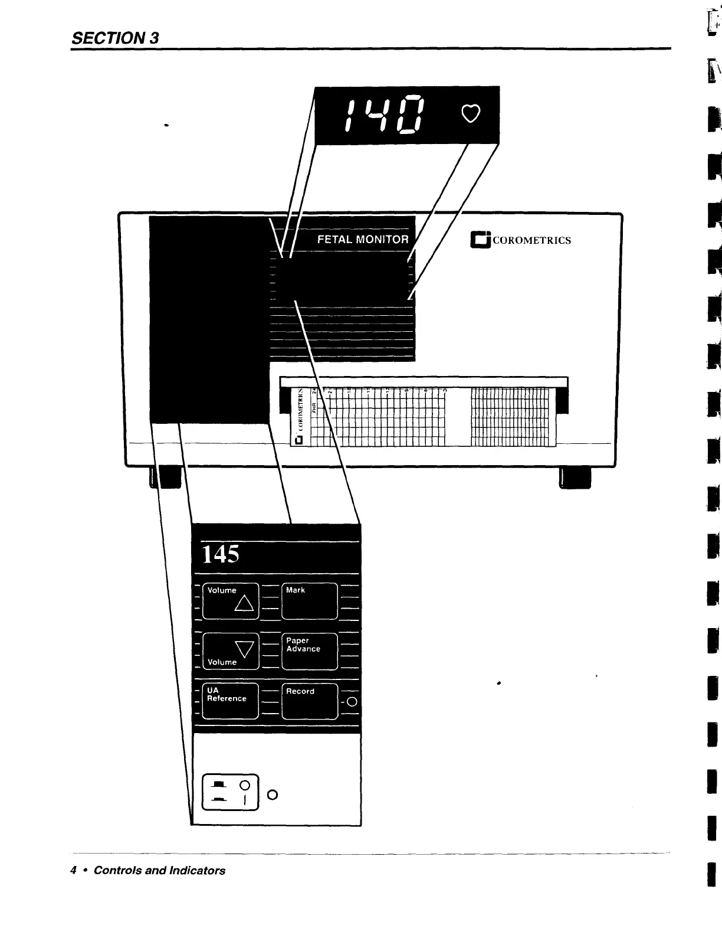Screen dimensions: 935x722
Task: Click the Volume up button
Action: pos(231,600)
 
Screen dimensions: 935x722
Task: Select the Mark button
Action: pos(310,600)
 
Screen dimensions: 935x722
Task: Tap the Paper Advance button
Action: pos(310,651)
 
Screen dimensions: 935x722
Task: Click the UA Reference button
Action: pos(231,701)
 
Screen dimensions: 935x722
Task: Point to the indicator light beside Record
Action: pos(352,702)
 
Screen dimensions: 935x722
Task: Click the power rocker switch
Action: pos(231,792)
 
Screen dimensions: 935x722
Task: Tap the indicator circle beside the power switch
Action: pos(272,795)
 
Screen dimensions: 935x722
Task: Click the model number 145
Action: pos(221,554)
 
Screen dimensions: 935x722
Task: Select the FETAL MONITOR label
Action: pos(363,239)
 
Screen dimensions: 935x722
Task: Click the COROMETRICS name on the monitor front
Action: pos(531,240)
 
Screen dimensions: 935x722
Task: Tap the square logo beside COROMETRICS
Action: pos(480,240)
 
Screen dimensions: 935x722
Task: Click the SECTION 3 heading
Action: pos(115,38)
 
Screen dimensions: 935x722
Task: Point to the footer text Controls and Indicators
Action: pos(159,870)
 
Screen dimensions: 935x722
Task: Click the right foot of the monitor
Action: pos(574,477)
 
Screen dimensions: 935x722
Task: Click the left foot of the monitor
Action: pos(166,477)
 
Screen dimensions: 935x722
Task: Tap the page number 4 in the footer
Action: pos(74,870)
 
